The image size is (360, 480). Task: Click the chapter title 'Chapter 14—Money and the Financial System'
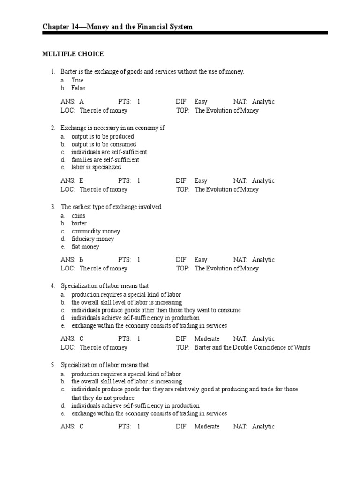click(x=117, y=27)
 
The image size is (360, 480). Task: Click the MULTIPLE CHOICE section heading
click(x=73, y=54)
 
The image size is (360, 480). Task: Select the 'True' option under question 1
click(x=77, y=80)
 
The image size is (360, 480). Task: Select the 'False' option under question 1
click(x=78, y=88)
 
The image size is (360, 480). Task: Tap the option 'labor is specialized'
click(x=96, y=167)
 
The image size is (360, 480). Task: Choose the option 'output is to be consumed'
click(x=104, y=144)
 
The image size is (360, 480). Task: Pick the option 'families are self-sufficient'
click(x=105, y=159)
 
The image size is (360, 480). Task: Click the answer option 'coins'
click(x=78, y=216)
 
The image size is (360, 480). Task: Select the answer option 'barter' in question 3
click(x=79, y=223)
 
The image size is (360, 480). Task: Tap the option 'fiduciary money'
click(x=92, y=239)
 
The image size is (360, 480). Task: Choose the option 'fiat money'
click(x=85, y=247)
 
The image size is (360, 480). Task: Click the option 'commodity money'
click(x=96, y=231)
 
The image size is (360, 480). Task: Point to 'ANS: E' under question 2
click(x=72, y=180)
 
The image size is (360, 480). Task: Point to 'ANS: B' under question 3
click(x=72, y=260)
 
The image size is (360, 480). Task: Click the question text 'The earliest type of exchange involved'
click(x=111, y=207)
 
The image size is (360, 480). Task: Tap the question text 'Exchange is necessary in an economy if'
click(x=112, y=127)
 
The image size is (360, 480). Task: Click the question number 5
click(x=53, y=365)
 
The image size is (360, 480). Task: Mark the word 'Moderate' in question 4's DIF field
click(x=207, y=338)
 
